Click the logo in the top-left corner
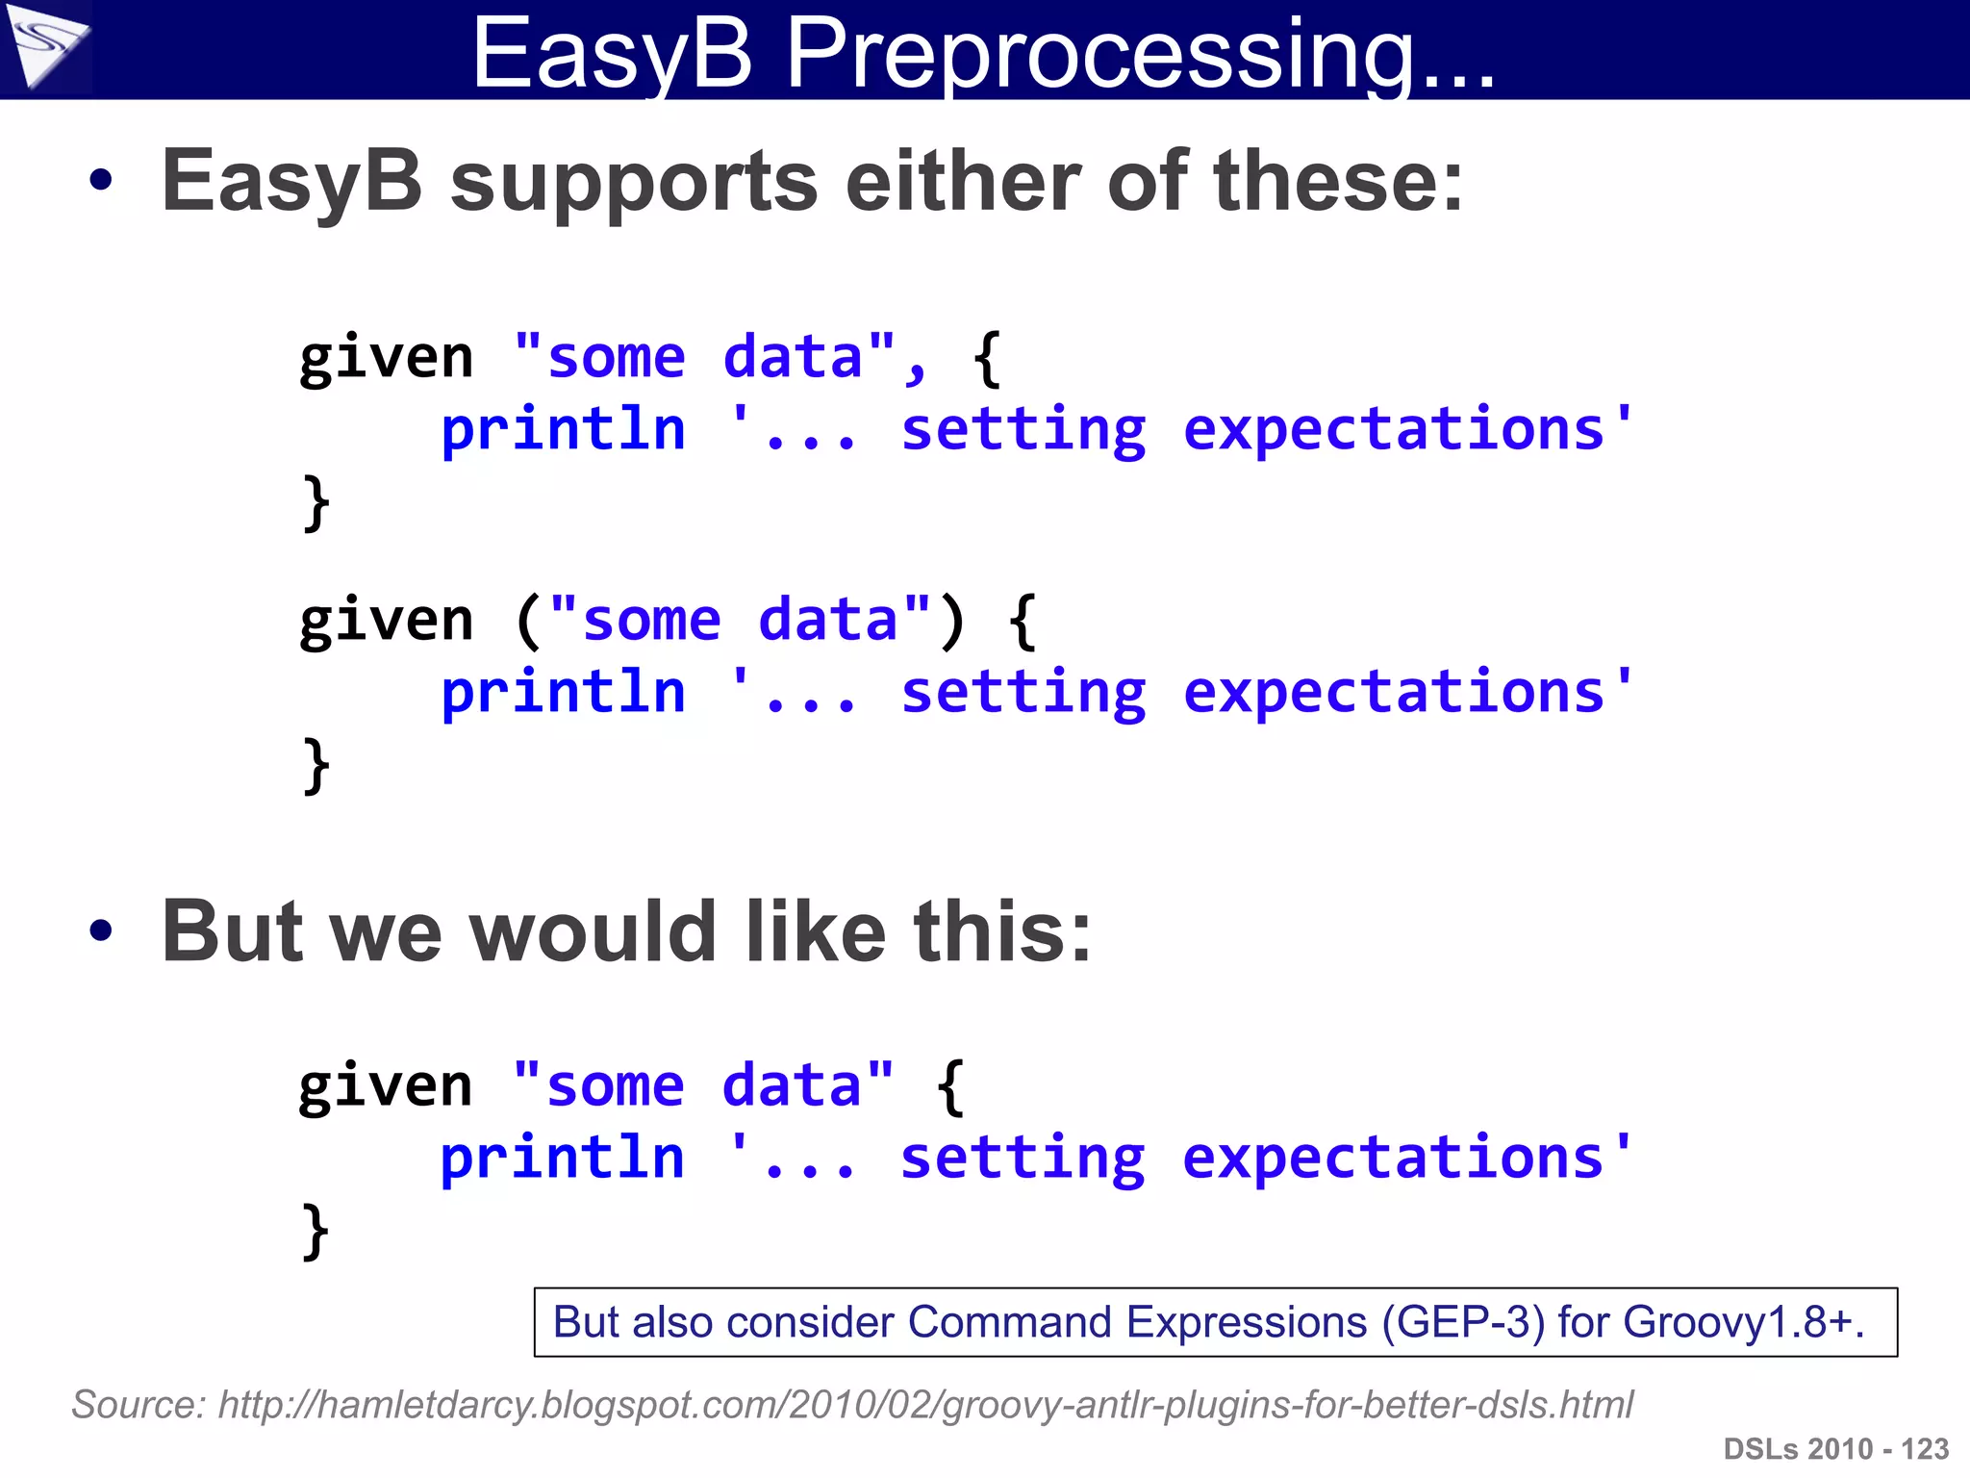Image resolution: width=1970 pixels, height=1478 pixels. (x=45, y=45)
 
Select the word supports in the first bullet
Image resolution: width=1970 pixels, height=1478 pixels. (x=633, y=183)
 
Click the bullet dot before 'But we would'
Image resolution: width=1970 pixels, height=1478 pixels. (x=100, y=930)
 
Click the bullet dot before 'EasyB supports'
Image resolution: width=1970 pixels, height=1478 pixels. (x=100, y=180)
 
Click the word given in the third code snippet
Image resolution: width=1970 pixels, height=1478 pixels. (x=386, y=1087)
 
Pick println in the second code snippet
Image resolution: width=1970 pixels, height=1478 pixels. (x=563, y=692)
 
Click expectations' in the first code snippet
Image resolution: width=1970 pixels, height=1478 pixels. (x=1407, y=429)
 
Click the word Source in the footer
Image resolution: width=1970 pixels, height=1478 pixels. (x=135, y=1405)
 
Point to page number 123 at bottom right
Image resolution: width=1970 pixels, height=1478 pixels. (x=1925, y=1449)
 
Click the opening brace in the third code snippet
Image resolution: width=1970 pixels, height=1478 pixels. (x=950, y=1087)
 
